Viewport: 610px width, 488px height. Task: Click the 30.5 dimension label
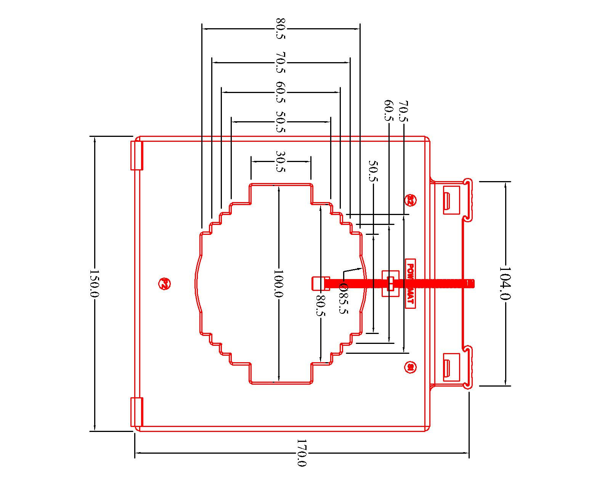281,161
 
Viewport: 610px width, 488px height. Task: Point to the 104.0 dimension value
505,283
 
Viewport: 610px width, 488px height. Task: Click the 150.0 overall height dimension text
94,283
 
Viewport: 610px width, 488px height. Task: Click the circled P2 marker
163,283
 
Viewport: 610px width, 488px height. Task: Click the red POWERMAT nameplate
410,283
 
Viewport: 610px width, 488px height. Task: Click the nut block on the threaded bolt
390,283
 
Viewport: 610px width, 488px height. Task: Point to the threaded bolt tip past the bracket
471,283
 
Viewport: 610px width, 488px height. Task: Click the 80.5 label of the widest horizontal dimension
281,29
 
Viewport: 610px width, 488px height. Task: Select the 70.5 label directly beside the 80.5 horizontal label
281,62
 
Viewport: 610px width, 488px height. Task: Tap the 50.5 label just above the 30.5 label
281,122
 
